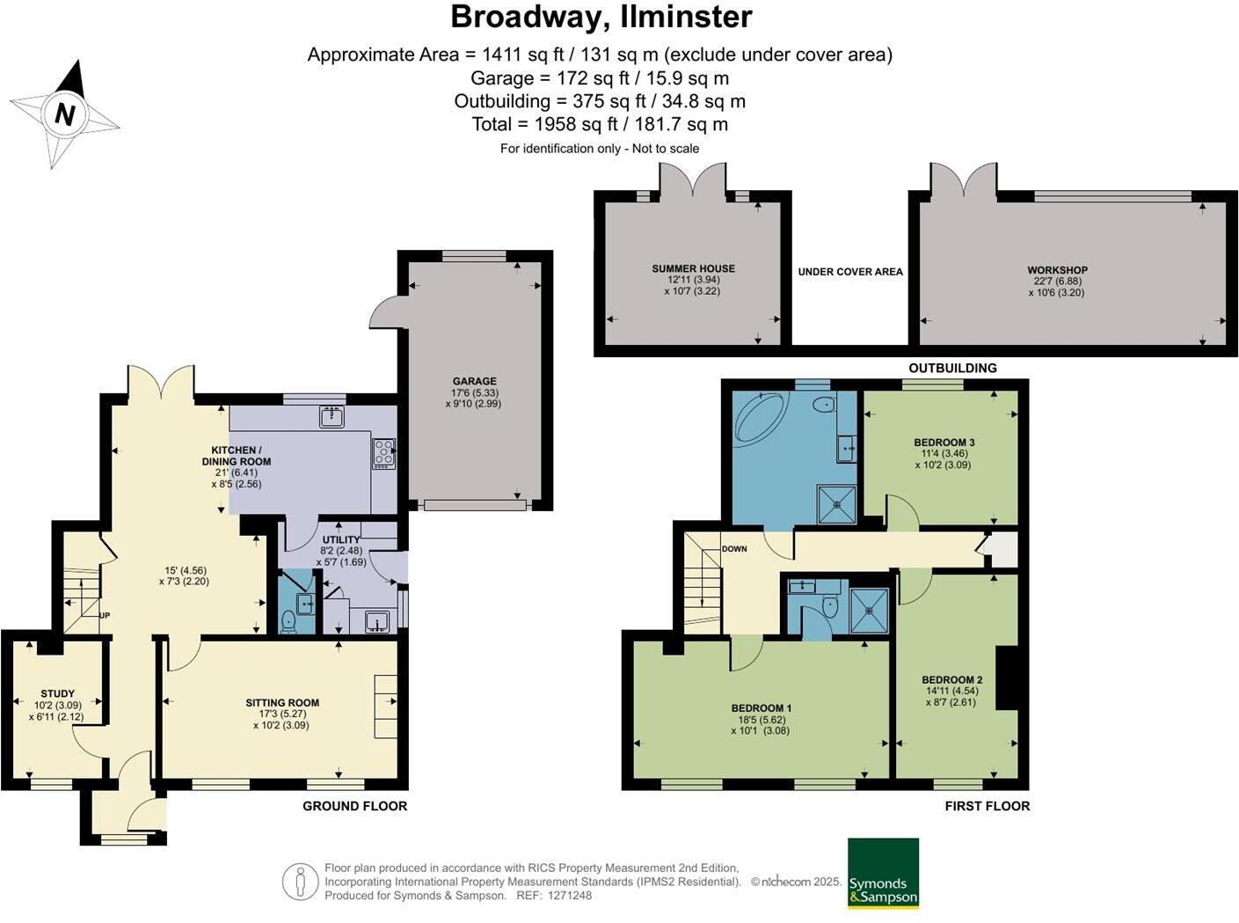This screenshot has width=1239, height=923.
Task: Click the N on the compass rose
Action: (64, 114)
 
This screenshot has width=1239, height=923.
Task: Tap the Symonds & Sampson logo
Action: (883, 873)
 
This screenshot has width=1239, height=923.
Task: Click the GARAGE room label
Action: (475, 382)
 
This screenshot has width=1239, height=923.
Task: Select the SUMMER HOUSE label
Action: (693, 269)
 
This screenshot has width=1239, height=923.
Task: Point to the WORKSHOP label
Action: (1057, 270)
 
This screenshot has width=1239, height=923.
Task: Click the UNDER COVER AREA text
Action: (850, 272)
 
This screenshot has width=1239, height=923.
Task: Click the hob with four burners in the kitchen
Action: (384, 452)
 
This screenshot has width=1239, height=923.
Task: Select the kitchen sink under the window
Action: (332, 416)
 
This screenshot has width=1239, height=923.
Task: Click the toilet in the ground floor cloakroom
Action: (288, 622)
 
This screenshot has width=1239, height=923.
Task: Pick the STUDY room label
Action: (58, 693)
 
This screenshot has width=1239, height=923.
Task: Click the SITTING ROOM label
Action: (282, 703)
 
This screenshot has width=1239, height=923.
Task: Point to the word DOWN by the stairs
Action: (734, 549)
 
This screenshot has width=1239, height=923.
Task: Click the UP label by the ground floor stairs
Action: (105, 615)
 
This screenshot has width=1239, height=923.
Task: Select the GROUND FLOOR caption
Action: (354, 806)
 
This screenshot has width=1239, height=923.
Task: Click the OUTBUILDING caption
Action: (952, 368)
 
